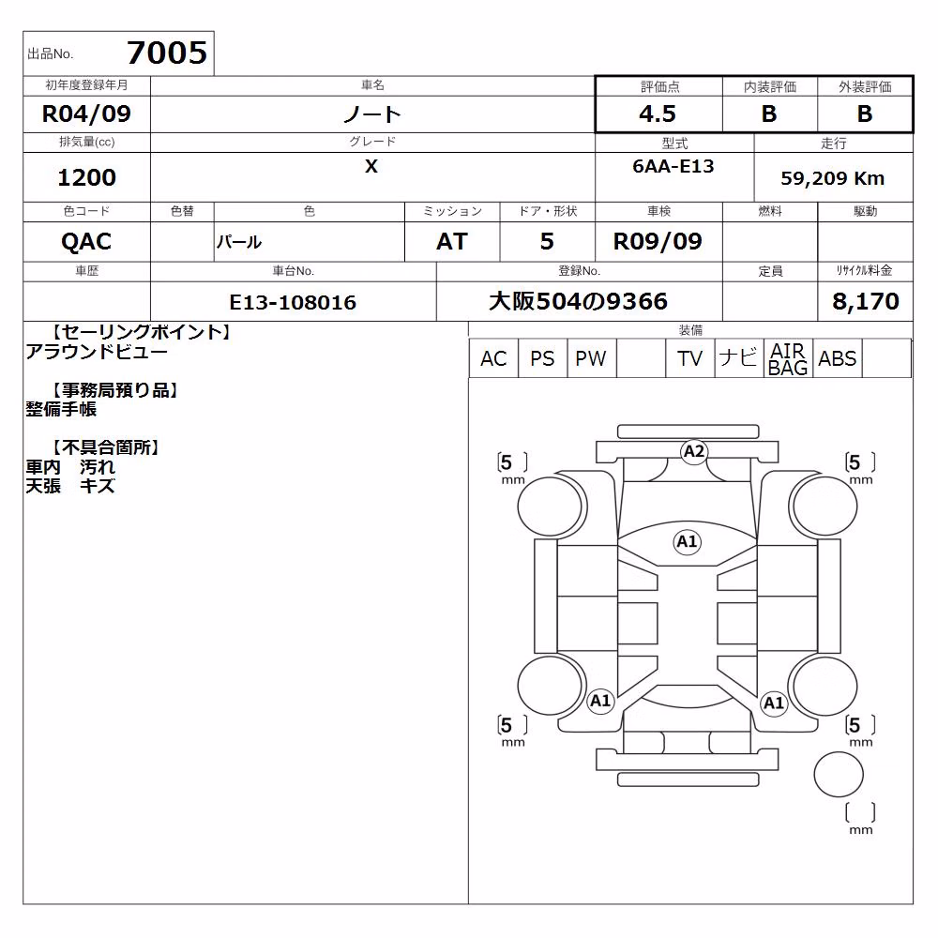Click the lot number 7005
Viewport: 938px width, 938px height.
point(167,53)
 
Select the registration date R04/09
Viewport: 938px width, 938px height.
point(86,113)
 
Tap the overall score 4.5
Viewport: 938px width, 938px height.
point(658,113)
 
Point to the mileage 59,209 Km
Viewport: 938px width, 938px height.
point(832,178)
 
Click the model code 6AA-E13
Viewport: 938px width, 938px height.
point(673,166)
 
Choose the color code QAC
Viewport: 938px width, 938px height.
point(86,242)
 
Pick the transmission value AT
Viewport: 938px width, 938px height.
point(452,242)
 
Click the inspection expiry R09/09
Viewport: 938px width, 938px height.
point(658,241)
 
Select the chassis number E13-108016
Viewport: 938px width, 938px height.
point(293,302)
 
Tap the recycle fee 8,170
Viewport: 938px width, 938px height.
point(865,301)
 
